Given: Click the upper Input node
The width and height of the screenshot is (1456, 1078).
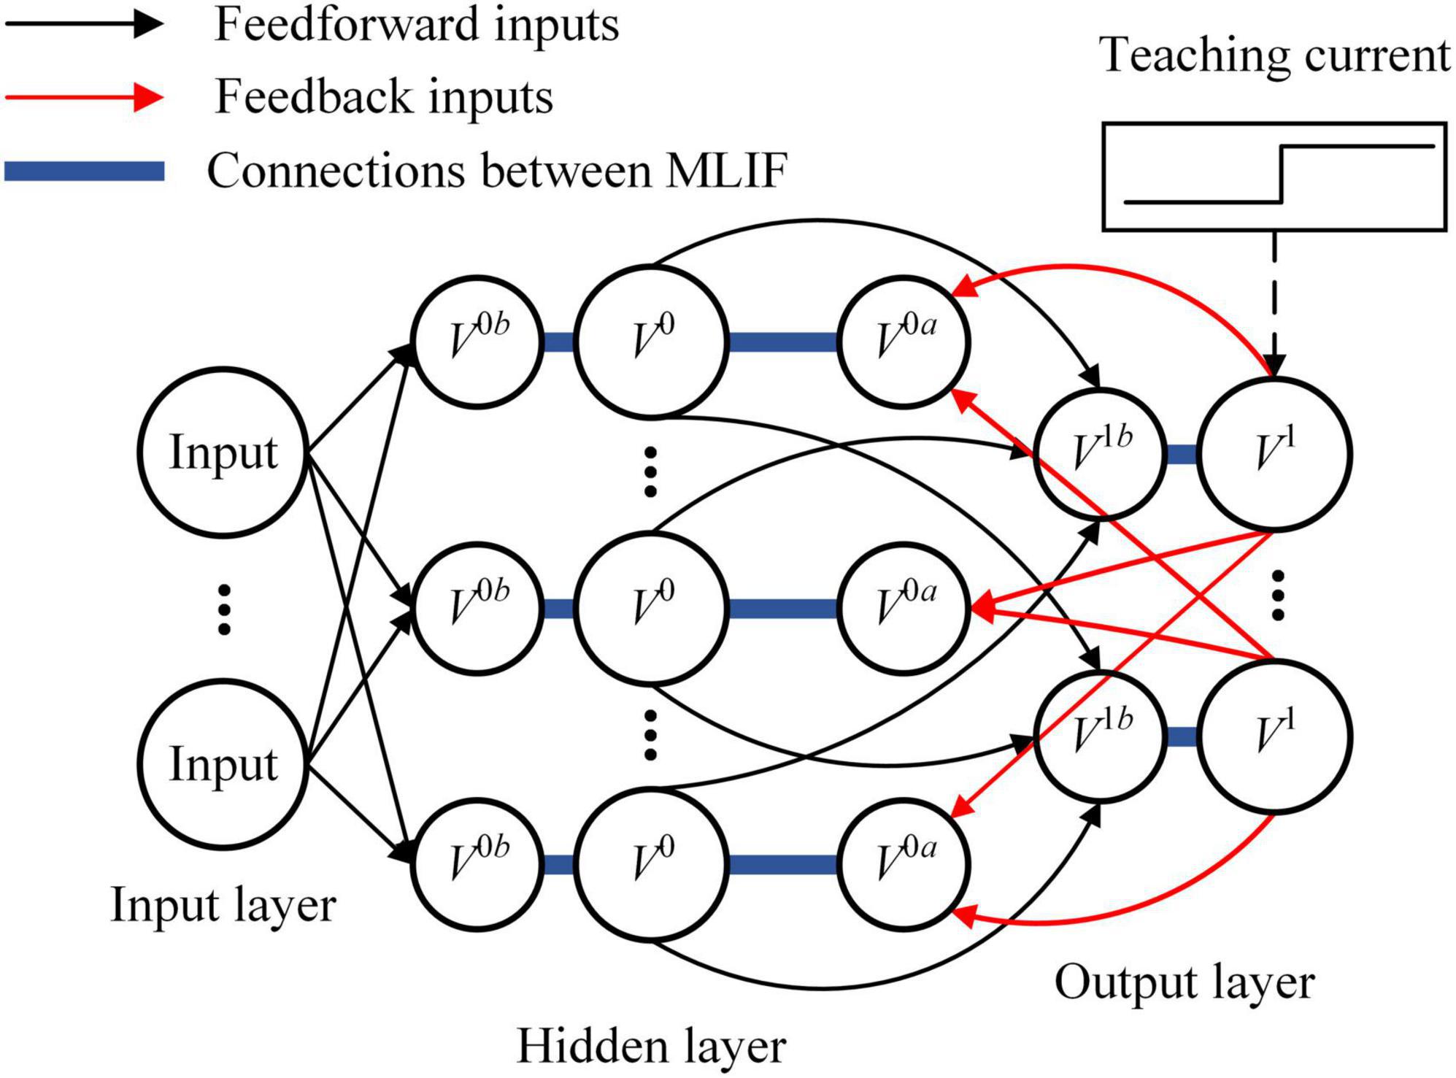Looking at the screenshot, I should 223,453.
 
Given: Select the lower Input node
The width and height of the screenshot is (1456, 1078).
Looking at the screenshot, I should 223,764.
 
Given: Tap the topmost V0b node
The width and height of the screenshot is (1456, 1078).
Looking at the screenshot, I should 477,341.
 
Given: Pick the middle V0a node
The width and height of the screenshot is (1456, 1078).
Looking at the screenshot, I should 904,608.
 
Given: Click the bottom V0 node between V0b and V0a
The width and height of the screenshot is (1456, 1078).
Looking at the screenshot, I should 651,865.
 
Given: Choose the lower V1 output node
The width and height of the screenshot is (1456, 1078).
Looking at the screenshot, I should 1274,736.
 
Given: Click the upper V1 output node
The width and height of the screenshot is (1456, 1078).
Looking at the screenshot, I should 1274,454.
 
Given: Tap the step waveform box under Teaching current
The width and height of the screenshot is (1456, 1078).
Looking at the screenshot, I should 1274,177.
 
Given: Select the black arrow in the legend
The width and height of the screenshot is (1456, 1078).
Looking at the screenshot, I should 84,23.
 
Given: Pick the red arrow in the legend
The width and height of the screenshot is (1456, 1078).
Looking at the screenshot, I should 84,96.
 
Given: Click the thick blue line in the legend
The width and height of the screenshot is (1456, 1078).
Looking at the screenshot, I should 84,171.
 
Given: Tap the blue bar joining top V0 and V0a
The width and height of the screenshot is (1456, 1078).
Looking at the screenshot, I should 782,342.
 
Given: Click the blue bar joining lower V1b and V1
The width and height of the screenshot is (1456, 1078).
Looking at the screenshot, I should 1181,736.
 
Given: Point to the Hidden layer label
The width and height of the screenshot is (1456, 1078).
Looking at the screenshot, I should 651,1045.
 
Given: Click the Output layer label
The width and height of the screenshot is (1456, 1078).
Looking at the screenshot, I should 1184,982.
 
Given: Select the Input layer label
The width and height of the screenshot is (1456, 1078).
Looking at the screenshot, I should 223,904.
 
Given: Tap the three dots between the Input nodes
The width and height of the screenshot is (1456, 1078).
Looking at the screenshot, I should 224,609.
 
